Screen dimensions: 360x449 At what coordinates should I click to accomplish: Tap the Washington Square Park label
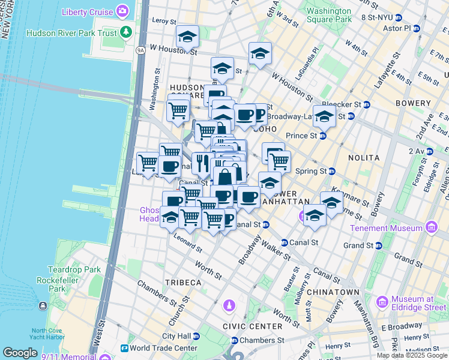(x=328, y=15)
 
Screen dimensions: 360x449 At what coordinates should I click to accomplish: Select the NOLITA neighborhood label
(x=363, y=157)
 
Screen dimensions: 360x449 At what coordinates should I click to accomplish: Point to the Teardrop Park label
(x=75, y=269)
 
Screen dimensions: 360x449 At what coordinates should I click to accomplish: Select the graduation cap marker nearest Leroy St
(x=187, y=37)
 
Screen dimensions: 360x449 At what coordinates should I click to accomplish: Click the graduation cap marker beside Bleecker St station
(x=324, y=116)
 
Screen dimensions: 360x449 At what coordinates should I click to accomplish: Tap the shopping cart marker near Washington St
(x=178, y=110)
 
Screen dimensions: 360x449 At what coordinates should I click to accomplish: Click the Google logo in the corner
(x=20, y=353)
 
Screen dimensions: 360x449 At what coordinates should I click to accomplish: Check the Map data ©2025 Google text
(x=412, y=355)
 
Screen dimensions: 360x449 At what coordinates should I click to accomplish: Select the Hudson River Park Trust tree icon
(x=126, y=31)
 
